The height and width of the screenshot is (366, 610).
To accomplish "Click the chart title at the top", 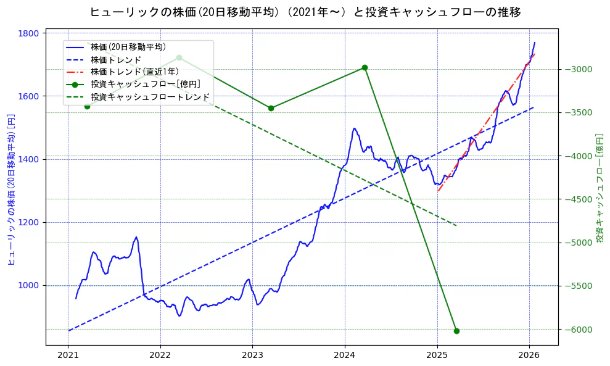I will tap(305, 12).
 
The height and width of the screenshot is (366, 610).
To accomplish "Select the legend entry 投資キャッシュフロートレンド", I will tap(150, 97).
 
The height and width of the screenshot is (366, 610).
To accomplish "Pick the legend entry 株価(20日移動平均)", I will tap(128, 47).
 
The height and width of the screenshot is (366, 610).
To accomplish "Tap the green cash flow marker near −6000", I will tap(456, 331).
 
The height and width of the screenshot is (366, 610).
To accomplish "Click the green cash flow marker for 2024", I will tap(365, 67).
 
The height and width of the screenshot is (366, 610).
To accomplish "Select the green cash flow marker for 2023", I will tap(271, 108).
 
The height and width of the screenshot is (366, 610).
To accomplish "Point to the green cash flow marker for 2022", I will tap(179, 57).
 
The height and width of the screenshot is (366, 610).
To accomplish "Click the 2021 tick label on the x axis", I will tap(68, 356).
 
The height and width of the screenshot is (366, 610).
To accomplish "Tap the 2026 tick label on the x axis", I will tap(529, 356).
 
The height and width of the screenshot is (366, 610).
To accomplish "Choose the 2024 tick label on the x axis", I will tap(345, 356).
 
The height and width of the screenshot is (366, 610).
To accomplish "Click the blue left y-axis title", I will tap(10, 189).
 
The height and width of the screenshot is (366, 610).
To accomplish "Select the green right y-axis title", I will tap(600, 187).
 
